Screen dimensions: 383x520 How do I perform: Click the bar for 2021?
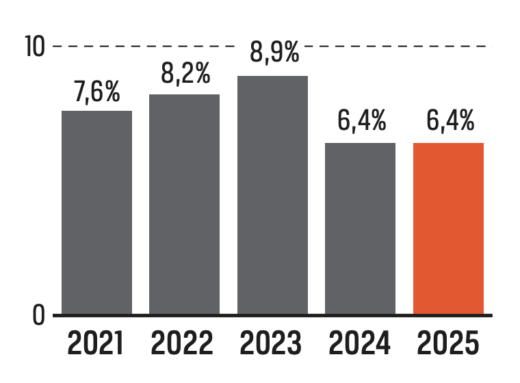pyautogui.click(x=96, y=212)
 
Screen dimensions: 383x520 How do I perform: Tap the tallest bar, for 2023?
pyautogui.click(x=272, y=195)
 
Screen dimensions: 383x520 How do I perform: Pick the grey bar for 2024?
pyautogui.click(x=360, y=228)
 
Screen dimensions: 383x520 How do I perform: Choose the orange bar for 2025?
pyautogui.click(x=448, y=228)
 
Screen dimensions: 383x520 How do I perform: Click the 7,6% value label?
pyautogui.click(x=97, y=92)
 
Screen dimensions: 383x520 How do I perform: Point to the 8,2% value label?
pyautogui.click(x=185, y=74)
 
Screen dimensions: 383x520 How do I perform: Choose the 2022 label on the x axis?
pyautogui.click(x=183, y=344)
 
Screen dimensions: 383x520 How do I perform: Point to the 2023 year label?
pyautogui.click(x=272, y=344)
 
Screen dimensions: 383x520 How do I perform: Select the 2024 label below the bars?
pyautogui.click(x=360, y=344)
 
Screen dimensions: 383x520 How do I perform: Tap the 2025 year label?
pyautogui.click(x=448, y=344)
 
